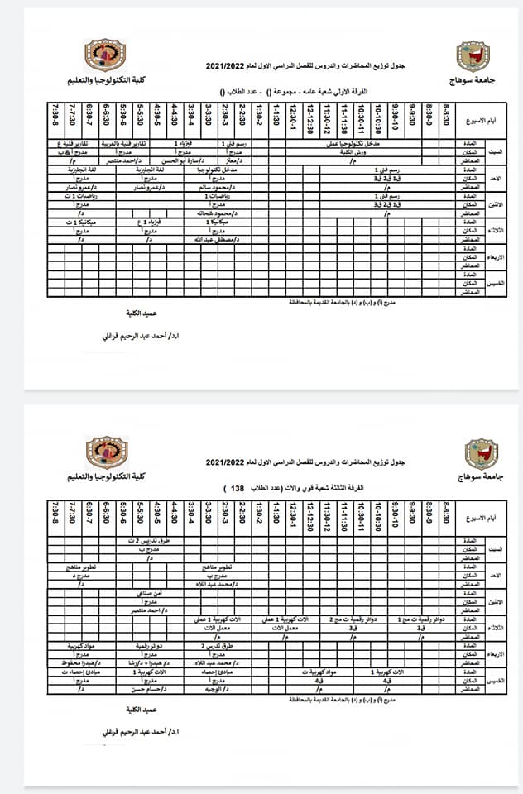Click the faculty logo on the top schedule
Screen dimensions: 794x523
pos(106,55)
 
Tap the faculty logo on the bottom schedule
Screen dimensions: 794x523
pos(106,452)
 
